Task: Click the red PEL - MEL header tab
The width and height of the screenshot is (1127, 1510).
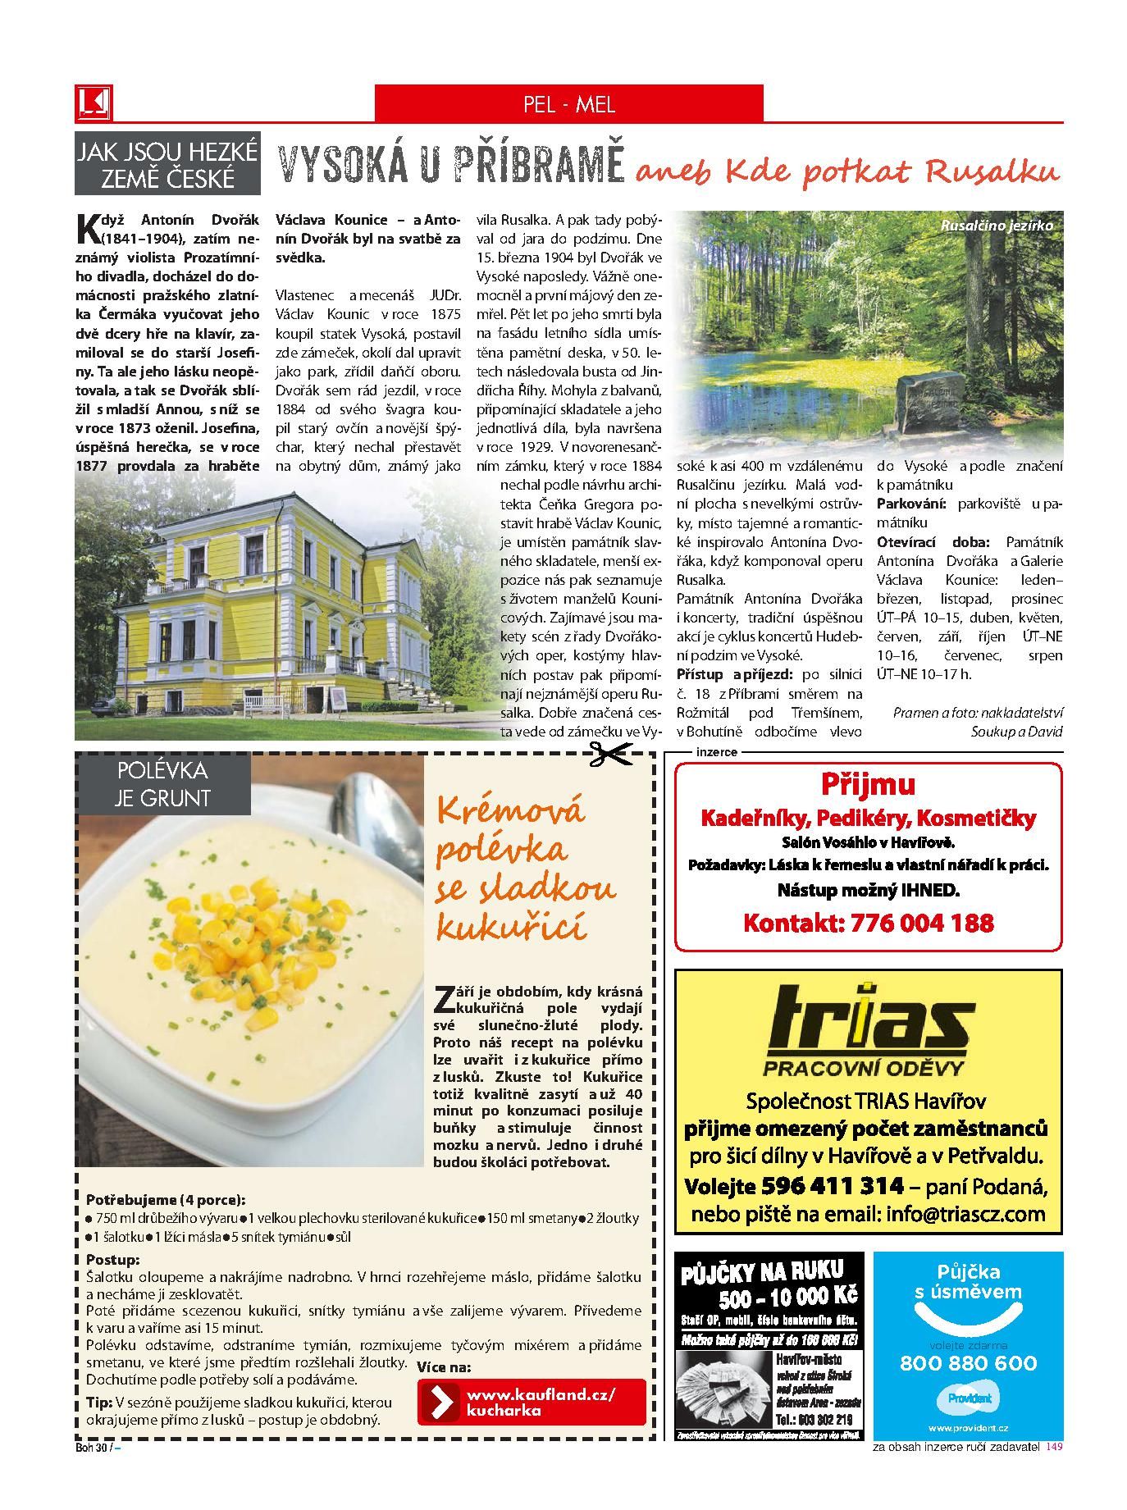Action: pos(568,104)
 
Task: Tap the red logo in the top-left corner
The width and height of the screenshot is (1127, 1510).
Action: pos(93,103)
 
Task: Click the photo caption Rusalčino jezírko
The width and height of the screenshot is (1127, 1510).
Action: pos(995,225)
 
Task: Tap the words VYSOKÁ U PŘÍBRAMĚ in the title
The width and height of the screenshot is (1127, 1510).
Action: pos(451,165)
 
